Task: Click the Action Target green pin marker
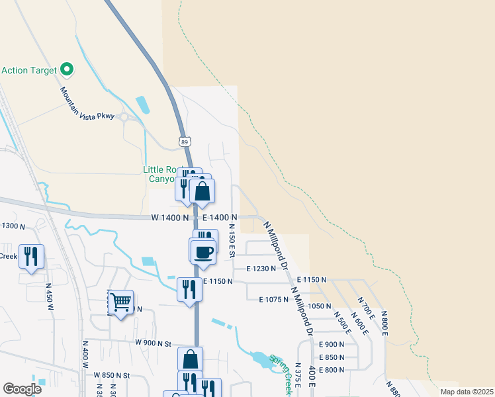click(x=66, y=69)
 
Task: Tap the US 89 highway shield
click(x=185, y=142)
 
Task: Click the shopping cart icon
click(x=121, y=303)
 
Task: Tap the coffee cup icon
click(x=203, y=251)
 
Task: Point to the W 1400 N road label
click(x=170, y=217)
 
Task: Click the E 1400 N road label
click(x=220, y=217)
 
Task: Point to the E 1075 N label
click(x=273, y=300)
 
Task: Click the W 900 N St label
click(x=153, y=343)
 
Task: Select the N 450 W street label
click(x=49, y=297)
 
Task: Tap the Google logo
click(x=22, y=389)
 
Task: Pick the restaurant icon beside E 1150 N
click(x=189, y=288)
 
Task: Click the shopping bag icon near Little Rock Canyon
click(x=202, y=191)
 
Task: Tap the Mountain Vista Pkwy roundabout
click(x=123, y=116)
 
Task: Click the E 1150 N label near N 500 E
click(x=311, y=280)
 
